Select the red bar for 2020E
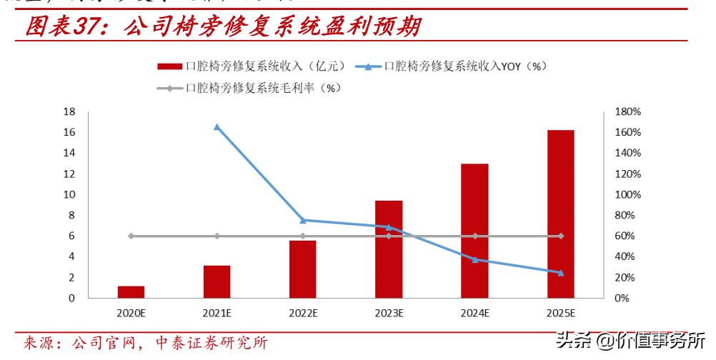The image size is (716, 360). pyautogui.click(x=131, y=291)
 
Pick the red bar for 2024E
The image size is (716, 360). pyautogui.click(x=474, y=230)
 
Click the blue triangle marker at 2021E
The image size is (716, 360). pyautogui.click(x=217, y=127)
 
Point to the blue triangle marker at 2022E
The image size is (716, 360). pyautogui.click(x=302, y=220)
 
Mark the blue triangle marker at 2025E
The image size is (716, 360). pyautogui.click(x=560, y=272)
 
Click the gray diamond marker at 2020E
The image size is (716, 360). pyautogui.click(x=131, y=236)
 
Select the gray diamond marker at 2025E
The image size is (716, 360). pyautogui.click(x=560, y=236)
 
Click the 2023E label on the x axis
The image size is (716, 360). pyautogui.click(x=388, y=313)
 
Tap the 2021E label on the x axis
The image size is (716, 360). pyautogui.click(x=217, y=313)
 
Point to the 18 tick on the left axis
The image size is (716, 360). pyautogui.click(x=69, y=112)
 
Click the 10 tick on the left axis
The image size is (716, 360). pyautogui.click(x=69, y=195)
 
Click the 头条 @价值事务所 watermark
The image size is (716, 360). pyautogui.click(x=630, y=339)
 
